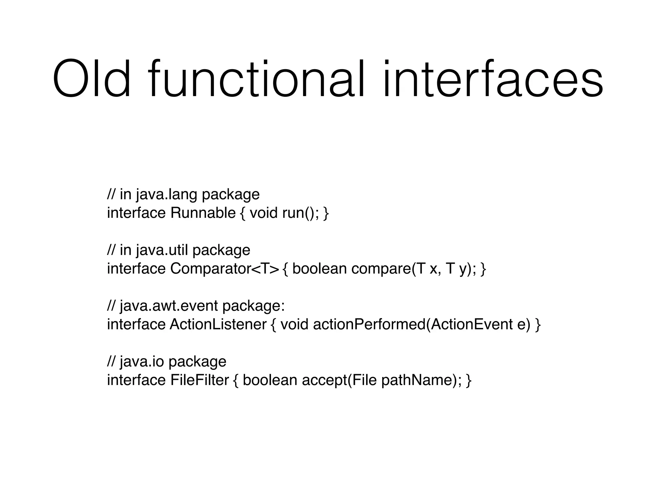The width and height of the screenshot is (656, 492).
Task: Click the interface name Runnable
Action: coord(203,213)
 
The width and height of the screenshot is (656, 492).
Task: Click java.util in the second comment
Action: coord(162,250)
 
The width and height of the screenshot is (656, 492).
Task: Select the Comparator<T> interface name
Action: coord(225,269)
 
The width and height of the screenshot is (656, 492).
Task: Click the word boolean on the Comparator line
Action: coord(319,269)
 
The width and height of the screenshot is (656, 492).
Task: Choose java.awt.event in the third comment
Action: coord(169,306)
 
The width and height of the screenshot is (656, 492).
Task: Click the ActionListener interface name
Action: coord(218,324)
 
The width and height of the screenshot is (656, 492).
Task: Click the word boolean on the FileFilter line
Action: coord(270,380)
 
